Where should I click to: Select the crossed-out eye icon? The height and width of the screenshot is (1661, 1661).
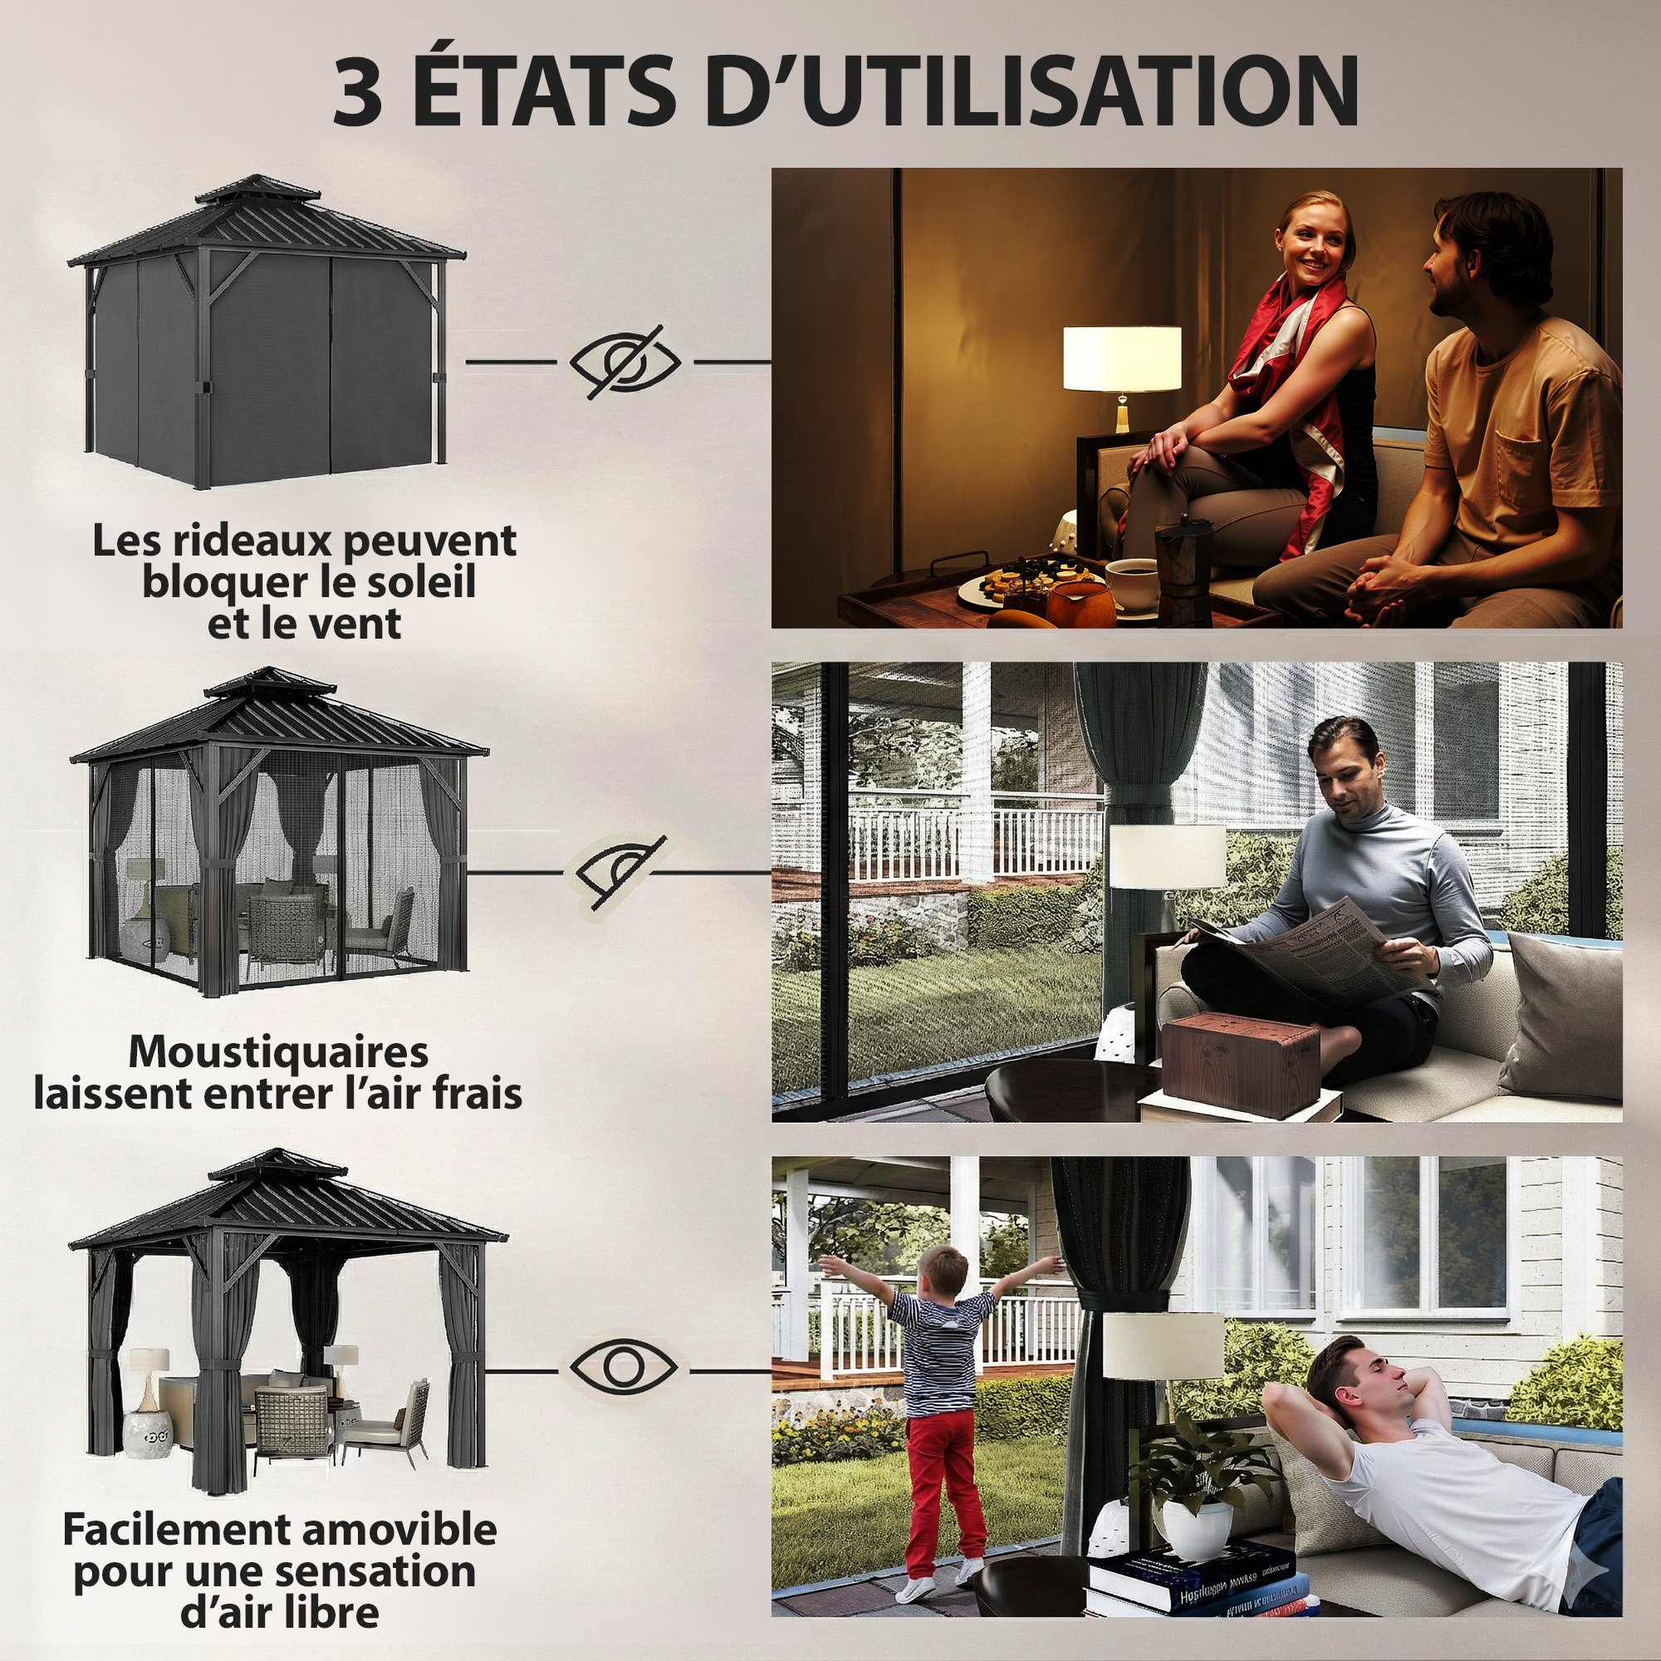point(625,362)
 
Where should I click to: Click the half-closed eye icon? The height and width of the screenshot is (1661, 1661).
point(619,871)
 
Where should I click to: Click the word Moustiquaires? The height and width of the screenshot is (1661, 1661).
point(277,1051)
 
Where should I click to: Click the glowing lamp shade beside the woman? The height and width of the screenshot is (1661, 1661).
point(1122,358)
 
